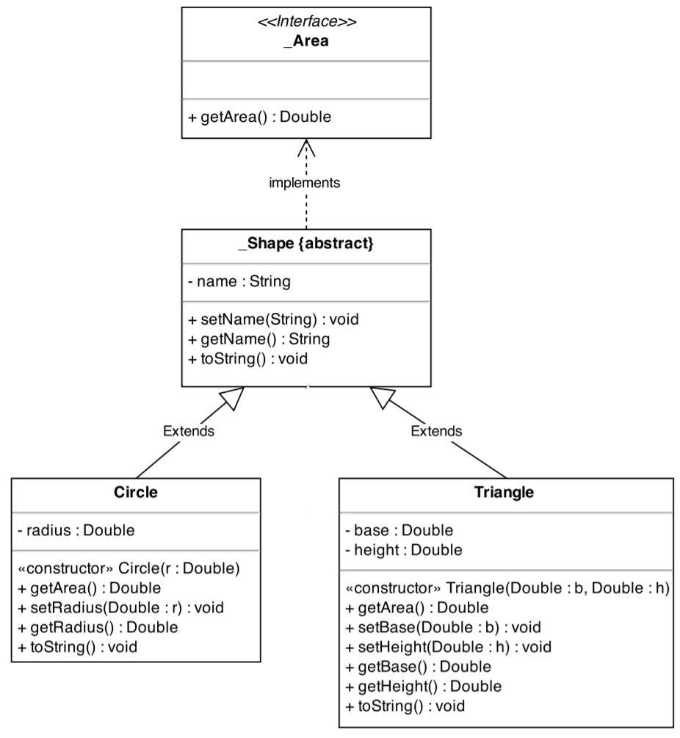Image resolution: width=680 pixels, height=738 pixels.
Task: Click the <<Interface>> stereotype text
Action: (x=306, y=22)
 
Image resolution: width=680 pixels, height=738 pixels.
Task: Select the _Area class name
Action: (x=306, y=41)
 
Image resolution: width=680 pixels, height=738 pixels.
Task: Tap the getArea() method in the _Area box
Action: (x=260, y=117)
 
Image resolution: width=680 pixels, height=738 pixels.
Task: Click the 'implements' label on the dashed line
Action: (x=305, y=183)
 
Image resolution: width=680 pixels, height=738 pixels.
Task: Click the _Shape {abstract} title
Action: (x=306, y=244)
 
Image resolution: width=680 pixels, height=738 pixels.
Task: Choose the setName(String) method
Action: (x=273, y=320)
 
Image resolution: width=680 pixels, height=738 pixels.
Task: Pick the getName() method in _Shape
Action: (x=259, y=339)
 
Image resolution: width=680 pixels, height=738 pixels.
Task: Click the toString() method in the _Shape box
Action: (x=247, y=358)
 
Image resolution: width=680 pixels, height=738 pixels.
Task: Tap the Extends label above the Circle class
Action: (x=189, y=431)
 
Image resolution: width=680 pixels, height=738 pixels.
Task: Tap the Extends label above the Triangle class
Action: (x=436, y=431)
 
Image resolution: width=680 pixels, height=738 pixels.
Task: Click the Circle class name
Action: (x=136, y=492)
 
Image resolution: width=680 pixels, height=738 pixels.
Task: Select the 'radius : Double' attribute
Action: (x=76, y=530)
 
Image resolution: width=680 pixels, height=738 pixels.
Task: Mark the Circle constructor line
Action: (x=129, y=569)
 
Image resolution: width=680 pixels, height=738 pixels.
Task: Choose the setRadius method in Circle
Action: (x=121, y=607)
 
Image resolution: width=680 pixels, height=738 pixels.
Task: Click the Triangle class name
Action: (x=505, y=492)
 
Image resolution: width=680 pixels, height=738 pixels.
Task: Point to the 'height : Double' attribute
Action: (x=403, y=549)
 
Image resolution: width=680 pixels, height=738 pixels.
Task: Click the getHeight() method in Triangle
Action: (x=423, y=686)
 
